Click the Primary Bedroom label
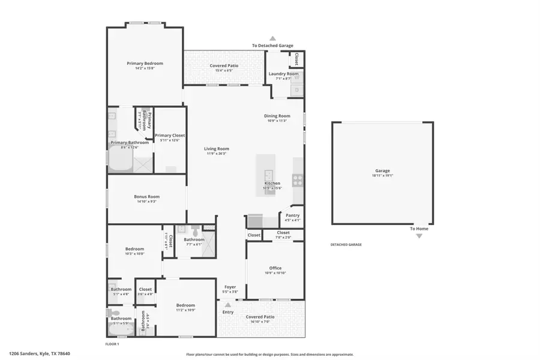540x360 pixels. [145, 63]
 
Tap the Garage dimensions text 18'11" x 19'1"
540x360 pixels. [383, 176]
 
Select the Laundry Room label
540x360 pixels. [283, 74]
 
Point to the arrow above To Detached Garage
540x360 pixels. [273, 38]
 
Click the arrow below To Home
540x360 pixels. [419, 236]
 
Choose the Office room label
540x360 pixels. [275, 268]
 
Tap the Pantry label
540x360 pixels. [293, 215]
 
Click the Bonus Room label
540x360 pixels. [146, 196]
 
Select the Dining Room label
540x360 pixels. [277, 116]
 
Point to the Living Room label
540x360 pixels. [217, 149]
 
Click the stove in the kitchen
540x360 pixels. [297, 179]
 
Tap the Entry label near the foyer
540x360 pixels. [228, 312]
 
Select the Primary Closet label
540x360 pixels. [170, 136]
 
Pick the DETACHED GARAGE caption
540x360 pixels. [346, 244]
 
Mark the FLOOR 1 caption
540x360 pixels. [112, 344]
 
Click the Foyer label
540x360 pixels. [230, 287]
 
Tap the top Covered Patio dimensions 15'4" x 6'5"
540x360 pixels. [224, 70]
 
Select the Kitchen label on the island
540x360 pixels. [272, 184]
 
